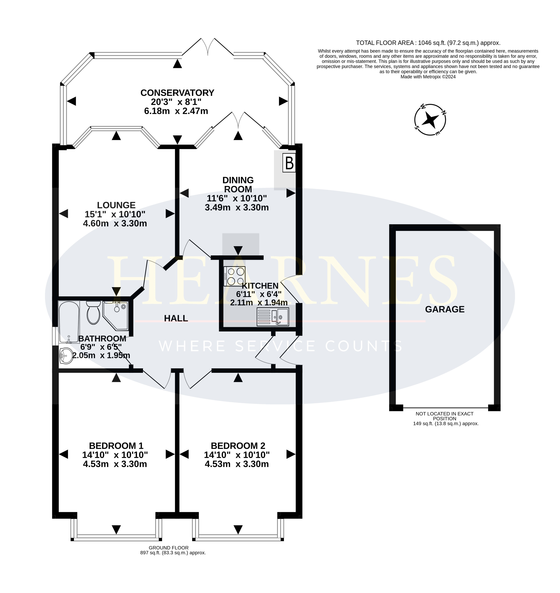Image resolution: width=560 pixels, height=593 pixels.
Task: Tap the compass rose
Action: click(430, 120)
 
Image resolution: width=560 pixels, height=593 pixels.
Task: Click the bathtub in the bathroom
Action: click(69, 322)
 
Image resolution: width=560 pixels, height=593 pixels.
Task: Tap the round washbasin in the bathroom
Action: click(66, 356)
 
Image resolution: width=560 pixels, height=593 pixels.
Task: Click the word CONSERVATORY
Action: click(177, 93)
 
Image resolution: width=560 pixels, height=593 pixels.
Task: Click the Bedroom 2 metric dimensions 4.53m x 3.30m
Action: click(237, 464)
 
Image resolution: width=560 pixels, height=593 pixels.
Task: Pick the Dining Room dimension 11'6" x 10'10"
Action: click(237, 198)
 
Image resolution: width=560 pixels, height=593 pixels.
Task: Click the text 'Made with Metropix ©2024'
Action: click(428, 77)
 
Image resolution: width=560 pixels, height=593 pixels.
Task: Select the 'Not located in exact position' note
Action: click(444, 416)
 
